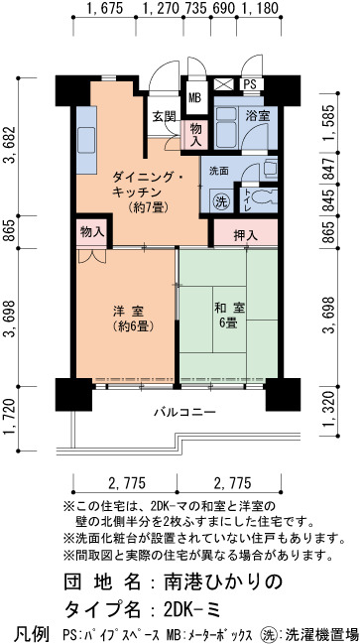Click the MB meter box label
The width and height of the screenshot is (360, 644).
click(x=194, y=98)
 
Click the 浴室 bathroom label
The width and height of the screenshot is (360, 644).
click(x=258, y=116)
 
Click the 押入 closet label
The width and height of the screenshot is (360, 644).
click(x=245, y=235)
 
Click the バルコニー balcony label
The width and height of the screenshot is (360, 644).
click(x=184, y=412)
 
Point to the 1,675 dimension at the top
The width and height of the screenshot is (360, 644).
click(x=105, y=7)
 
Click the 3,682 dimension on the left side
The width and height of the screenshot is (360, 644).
click(x=9, y=145)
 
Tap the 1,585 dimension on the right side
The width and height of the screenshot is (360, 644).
click(x=328, y=122)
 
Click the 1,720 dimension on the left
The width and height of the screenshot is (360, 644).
click(x=9, y=417)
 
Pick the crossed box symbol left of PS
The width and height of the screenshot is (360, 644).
click(x=224, y=84)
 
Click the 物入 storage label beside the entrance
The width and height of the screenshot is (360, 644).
click(x=195, y=135)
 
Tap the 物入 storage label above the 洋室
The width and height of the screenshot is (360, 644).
click(x=91, y=232)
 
